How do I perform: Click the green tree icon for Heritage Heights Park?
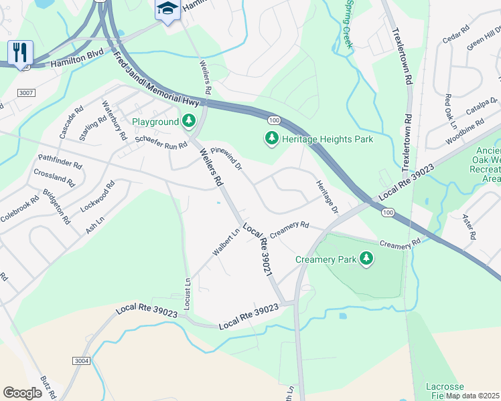(271, 139)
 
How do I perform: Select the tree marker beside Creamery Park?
(366, 258)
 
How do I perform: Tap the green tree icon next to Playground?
(190, 121)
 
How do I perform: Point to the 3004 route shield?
(82, 361)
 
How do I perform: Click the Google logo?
(22, 393)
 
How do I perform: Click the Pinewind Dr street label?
(226, 158)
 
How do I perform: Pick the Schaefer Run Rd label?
(161, 142)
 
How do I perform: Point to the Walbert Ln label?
(226, 243)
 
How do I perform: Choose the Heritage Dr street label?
(326, 194)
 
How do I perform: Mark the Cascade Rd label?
(71, 121)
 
